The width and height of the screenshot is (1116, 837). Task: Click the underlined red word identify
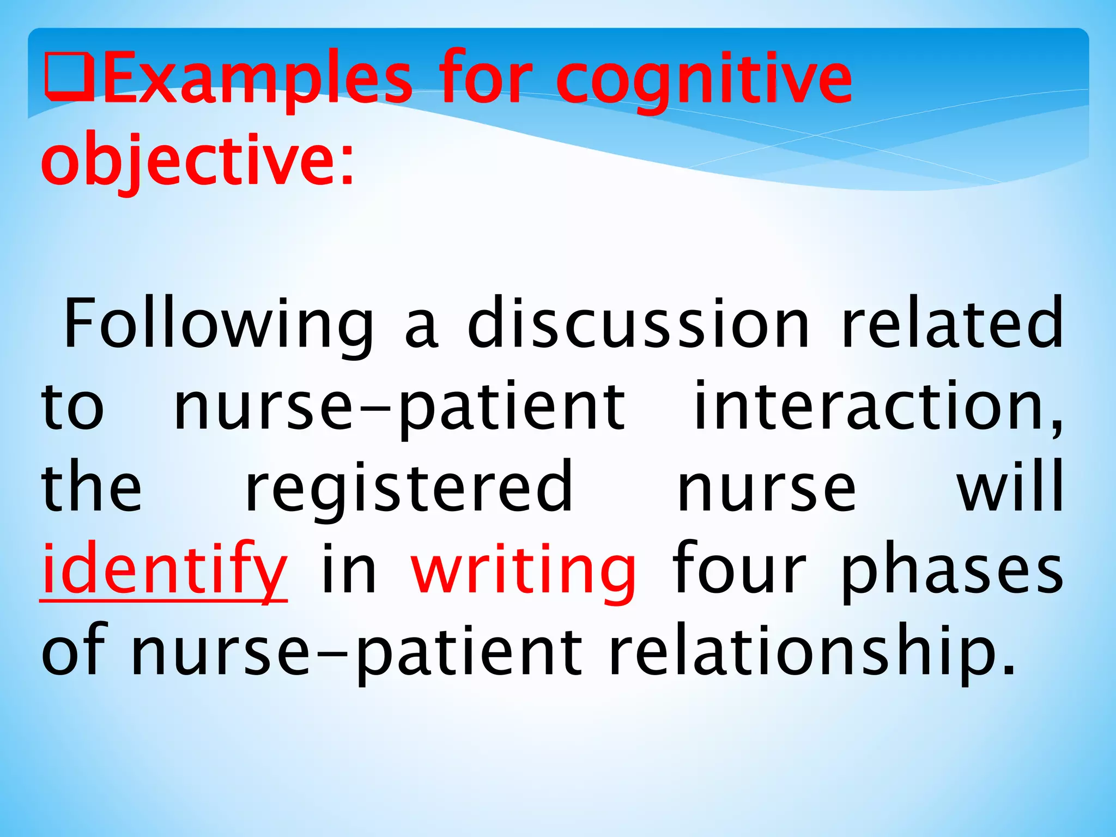pos(163,569)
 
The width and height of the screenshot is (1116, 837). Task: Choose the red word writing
pos(523,569)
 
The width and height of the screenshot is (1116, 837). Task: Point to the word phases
pos(951,569)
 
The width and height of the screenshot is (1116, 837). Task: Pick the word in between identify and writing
pos(349,569)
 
